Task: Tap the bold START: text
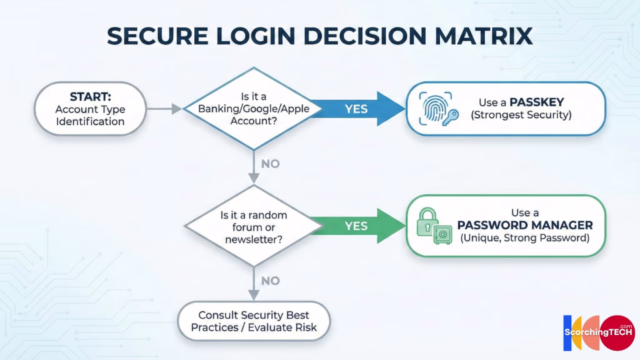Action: pyautogui.click(x=90, y=97)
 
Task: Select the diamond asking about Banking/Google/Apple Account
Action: pyautogui.click(x=252, y=109)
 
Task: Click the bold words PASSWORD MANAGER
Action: pyautogui.click(x=525, y=225)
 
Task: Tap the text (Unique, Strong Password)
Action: pyautogui.click(x=525, y=238)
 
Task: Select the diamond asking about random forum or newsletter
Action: pyautogui.click(x=252, y=226)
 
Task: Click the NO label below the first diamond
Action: pyautogui.click(x=270, y=164)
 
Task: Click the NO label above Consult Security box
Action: pyautogui.click(x=270, y=281)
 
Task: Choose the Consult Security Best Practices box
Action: pyautogui.click(x=254, y=321)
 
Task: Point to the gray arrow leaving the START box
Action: pyautogui.click(x=164, y=109)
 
